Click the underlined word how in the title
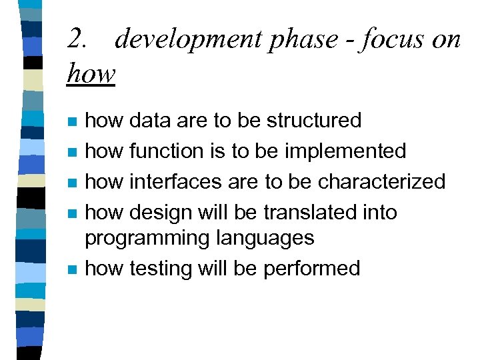click(91, 73)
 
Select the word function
click(167, 151)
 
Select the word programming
click(139, 238)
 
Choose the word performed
click(312, 268)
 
